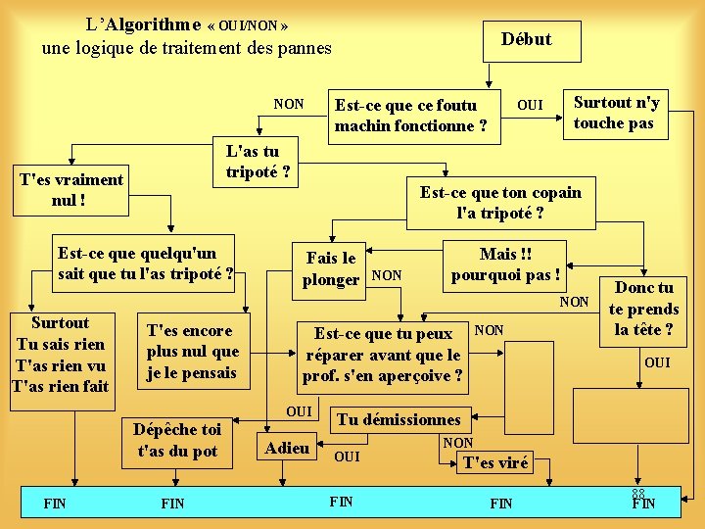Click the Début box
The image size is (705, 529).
point(527,40)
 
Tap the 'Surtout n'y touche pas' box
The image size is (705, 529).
point(616,113)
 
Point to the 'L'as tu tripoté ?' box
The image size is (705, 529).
point(252,162)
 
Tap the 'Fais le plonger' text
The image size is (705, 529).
point(331,268)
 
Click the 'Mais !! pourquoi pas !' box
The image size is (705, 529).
point(505,264)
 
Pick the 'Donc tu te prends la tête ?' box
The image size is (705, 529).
point(643,308)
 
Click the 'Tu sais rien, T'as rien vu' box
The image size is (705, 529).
point(61,355)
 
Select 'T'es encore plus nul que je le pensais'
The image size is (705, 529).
point(192,352)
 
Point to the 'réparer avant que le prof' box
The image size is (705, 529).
point(383,355)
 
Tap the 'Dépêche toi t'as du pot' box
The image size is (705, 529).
point(177,440)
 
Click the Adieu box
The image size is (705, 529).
point(288,449)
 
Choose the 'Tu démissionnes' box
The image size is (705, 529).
point(399,419)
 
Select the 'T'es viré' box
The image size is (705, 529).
point(495,463)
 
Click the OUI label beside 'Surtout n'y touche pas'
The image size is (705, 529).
point(530,105)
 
